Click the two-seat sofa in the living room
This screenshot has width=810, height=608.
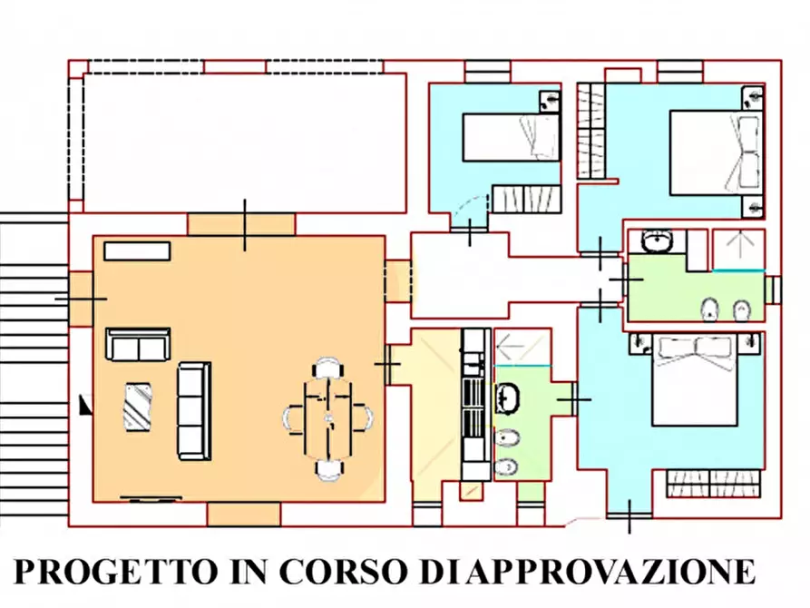click(138, 344)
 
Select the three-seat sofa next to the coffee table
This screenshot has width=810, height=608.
click(193, 410)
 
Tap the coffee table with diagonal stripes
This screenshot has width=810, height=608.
click(139, 406)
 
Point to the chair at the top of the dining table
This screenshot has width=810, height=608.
click(327, 368)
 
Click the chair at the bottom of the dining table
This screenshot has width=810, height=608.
click(328, 468)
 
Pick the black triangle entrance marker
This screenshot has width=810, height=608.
click(85, 405)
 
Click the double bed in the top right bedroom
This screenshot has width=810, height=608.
click(714, 152)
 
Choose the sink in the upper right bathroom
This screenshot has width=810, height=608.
click(656, 242)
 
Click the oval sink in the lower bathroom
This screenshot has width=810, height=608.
click(507, 397)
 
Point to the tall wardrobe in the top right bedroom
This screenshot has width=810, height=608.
click(590, 130)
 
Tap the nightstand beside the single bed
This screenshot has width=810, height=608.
click(550, 100)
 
